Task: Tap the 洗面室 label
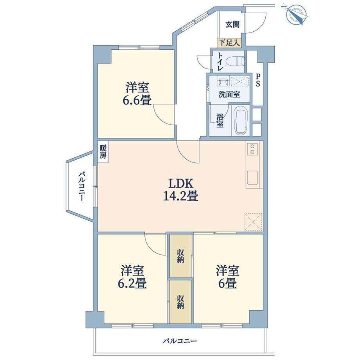229,94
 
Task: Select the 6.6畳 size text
137,101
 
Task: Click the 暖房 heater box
103,151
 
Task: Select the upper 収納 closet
180,256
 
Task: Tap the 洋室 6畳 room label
227,277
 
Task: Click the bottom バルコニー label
180,341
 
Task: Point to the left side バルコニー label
82,186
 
